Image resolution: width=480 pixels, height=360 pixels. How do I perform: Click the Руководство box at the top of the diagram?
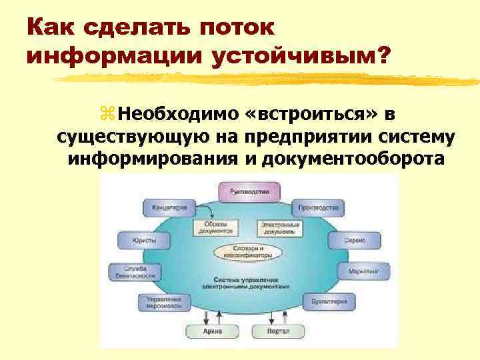[250, 192]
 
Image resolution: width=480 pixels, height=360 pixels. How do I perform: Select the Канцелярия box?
[169, 207]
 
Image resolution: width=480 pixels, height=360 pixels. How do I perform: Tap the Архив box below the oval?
[212, 331]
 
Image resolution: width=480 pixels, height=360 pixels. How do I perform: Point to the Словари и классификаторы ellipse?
[248, 252]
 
